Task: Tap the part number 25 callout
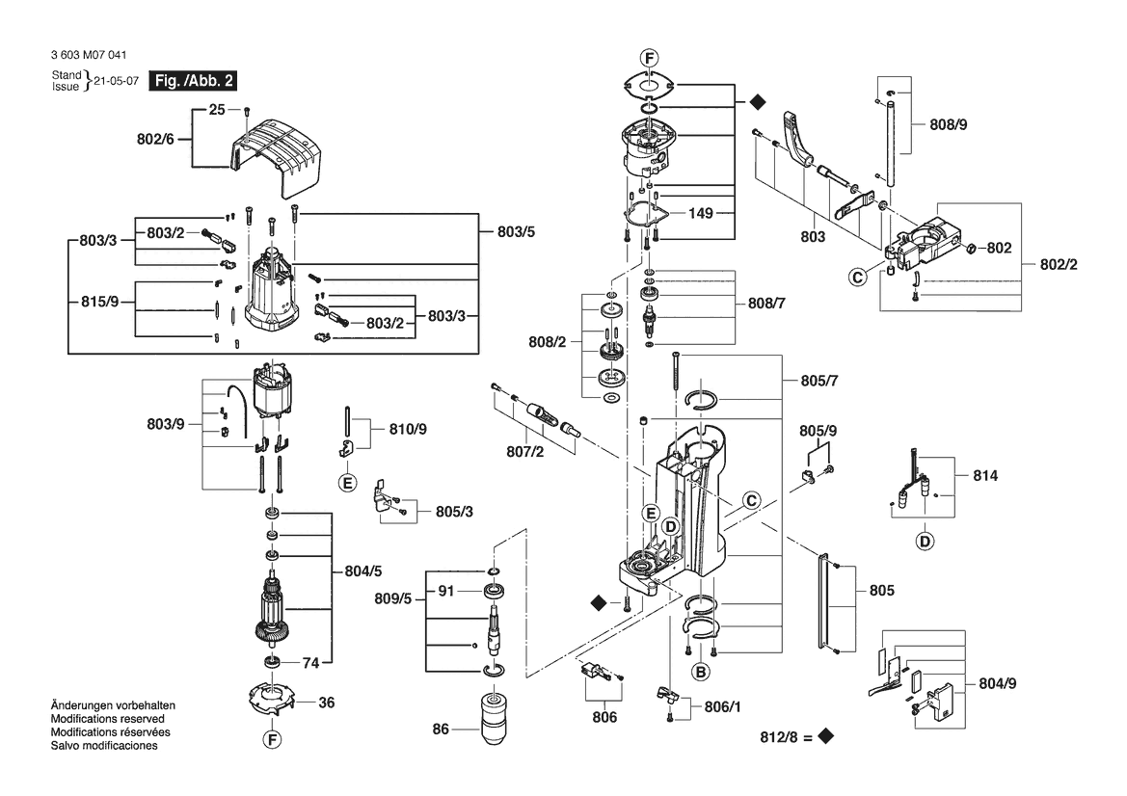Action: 217,110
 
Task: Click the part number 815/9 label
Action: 99,302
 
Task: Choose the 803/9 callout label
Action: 166,422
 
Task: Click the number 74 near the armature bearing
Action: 310,663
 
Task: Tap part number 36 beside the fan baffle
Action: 326,703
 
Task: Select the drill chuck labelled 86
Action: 498,717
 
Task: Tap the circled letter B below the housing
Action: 701,671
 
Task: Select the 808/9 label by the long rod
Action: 949,124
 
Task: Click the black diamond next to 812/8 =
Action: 824,737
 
